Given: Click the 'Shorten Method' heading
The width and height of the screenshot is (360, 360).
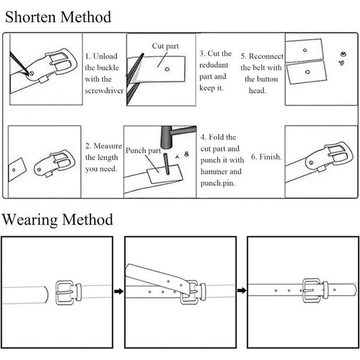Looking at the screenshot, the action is click(x=58, y=17).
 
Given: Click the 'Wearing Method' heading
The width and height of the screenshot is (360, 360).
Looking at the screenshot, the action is click(x=57, y=219).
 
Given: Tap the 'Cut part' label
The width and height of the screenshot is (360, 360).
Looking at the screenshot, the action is click(x=165, y=46).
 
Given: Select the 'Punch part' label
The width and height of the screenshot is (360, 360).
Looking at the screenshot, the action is click(x=143, y=151).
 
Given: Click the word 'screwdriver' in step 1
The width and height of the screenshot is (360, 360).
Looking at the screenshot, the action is click(x=104, y=91).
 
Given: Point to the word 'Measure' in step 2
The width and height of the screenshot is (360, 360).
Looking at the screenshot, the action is click(x=107, y=146).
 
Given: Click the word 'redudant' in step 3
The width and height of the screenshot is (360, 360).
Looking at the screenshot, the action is click(x=214, y=65).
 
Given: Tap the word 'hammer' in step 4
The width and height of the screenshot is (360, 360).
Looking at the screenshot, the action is click(x=214, y=171).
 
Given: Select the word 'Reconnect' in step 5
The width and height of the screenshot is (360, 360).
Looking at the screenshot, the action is click(x=266, y=56).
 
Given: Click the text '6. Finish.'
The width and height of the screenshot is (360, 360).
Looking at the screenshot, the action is click(x=266, y=156).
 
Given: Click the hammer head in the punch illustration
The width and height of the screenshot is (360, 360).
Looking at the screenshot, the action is click(x=166, y=137).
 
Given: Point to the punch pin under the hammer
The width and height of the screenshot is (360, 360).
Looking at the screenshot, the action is click(x=167, y=164).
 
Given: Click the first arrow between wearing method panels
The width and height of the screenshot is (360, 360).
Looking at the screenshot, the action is click(x=119, y=291).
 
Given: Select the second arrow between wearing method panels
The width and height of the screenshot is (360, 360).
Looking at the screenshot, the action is click(x=242, y=290).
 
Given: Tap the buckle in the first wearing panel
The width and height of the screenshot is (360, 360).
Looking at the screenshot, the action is click(x=68, y=292).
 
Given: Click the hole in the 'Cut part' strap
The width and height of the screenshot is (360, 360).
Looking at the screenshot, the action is click(x=168, y=69).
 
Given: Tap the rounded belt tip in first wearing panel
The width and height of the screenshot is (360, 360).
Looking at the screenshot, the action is click(x=47, y=295).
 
